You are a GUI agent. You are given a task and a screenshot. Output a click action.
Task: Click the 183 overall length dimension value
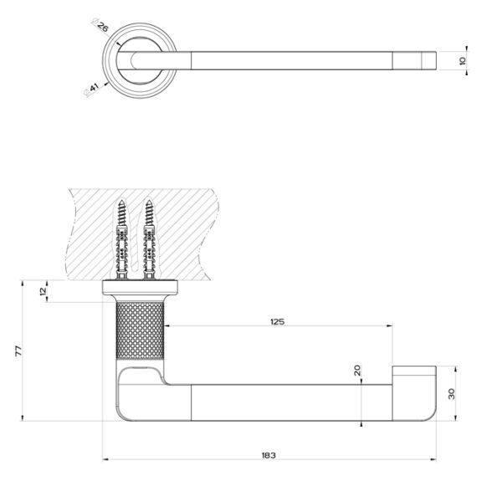coord(268,455)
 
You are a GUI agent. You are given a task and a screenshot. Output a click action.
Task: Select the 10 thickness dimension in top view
coord(463,60)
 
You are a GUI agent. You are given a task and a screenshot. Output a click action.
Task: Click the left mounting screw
coord(120,238)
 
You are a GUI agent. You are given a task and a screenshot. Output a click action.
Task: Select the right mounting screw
coord(151,238)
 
